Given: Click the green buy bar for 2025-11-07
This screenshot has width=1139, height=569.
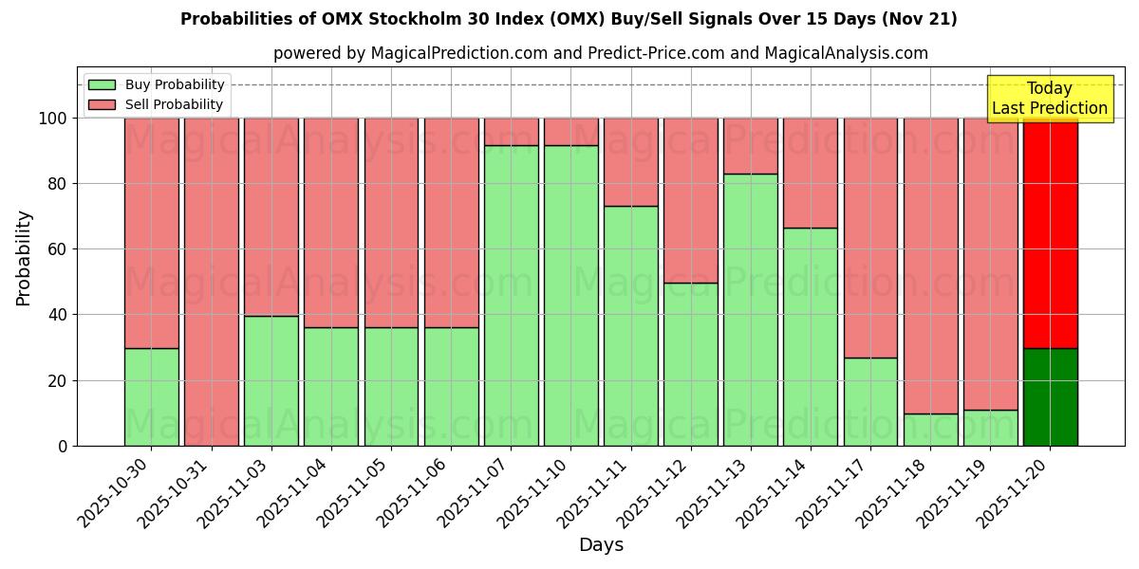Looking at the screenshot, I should coord(511,295).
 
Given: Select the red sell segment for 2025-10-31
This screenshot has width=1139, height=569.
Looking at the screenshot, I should coord(211,281).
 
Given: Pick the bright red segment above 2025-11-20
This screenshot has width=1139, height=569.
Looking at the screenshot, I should coord(1050,232).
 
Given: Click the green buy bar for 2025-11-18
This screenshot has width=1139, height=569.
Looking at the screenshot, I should coord(930,430).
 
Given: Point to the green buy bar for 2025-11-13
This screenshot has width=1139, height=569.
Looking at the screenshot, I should coord(750,309).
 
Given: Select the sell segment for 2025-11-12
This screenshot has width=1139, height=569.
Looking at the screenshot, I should coord(690,200).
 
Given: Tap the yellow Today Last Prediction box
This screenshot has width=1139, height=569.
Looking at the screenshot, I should coord(1050,99).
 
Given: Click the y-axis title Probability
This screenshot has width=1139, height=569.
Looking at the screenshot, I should coord(24,257).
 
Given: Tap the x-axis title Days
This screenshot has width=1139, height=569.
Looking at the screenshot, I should coord(601,545).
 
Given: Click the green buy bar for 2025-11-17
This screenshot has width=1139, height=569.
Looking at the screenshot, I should coord(870,401).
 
